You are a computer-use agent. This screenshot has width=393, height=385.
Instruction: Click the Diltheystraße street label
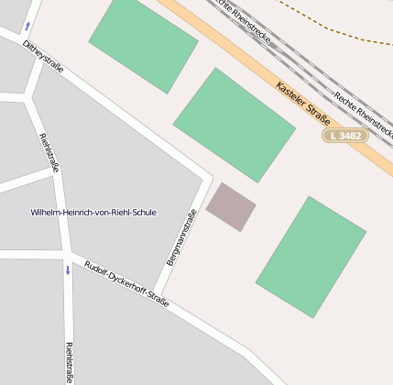43,55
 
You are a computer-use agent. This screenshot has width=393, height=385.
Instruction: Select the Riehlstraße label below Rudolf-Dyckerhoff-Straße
69,362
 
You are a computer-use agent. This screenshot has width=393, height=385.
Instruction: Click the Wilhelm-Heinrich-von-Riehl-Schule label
93,213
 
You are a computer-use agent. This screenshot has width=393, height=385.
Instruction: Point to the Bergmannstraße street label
181,237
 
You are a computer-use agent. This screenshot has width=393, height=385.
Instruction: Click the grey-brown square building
230,206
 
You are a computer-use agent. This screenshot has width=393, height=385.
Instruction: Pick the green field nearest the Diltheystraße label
143,42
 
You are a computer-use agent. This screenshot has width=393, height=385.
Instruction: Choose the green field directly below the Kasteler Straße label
235,124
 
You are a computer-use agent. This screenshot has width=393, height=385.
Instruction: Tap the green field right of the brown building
311,257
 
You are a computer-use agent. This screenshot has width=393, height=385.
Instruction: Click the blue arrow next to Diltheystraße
27,26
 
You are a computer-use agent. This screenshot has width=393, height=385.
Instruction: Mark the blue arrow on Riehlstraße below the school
67,270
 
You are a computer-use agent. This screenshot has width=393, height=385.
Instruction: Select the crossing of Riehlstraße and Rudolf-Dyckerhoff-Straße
67,253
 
